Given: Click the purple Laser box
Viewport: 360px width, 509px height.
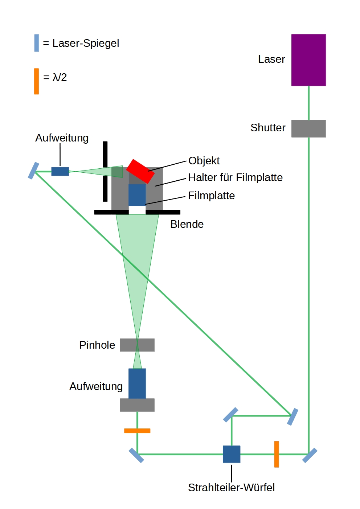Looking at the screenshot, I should click(308, 60).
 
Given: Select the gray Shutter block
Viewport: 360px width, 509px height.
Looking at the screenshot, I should click(308, 128).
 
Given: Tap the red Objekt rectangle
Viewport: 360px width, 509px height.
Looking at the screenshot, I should click(140, 171).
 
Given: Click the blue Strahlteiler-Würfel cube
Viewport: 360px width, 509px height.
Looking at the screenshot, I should click(232, 454).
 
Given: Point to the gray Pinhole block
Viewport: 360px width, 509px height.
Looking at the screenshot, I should click(137, 345).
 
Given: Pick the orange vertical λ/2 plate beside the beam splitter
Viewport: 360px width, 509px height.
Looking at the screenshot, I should click(277, 454).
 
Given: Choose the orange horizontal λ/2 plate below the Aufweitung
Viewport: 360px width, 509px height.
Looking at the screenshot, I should click(137, 431).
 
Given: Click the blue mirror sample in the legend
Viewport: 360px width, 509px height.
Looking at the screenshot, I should click(37, 43).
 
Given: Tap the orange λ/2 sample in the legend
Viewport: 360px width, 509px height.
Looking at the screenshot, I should click(36, 81).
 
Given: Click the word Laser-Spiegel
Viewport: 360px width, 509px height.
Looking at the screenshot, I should click(86, 43).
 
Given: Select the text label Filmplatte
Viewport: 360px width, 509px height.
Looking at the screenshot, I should click(211, 196).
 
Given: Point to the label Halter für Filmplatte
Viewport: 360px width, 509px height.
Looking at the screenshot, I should click(235, 177).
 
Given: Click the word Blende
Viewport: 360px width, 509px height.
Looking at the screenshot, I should click(187, 224).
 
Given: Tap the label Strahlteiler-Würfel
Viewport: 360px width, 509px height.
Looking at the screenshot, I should click(231, 487).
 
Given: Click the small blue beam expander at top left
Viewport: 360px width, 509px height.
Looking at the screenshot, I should click(60, 171).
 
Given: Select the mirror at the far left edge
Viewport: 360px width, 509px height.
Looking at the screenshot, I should click(33, 171).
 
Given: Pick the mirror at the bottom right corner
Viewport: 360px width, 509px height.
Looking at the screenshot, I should click(310, 455).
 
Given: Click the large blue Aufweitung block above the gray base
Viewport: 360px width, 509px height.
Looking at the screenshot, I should click(137, 383).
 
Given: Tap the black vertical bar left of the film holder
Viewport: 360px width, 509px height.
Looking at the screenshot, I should click(105, 171).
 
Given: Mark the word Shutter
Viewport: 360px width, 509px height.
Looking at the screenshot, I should click(268, 128).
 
